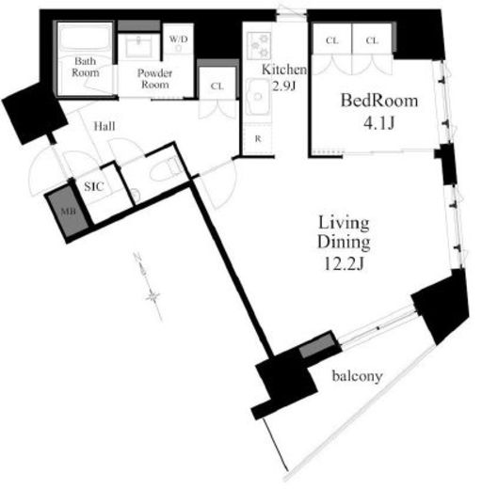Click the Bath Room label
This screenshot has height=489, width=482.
tap(85, 67)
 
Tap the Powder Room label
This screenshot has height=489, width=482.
tap(154, 79)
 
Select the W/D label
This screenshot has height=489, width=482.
tap(178, 39)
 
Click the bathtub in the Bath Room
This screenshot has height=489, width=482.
tap(85, 38)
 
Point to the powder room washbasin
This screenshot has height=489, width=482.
tap(138, 47)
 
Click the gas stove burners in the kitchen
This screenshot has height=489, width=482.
tap(259, 46)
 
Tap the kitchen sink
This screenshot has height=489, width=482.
tap(258, 96)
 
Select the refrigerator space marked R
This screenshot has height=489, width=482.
tap(258, 139)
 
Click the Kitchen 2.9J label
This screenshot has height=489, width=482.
tap(284, 77)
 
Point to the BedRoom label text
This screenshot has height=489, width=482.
tap(379, 101)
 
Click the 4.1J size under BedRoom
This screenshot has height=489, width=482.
tap(378, 123)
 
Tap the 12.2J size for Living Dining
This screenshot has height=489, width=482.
tap(344, 264)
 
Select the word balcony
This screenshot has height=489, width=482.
tap(358, 376)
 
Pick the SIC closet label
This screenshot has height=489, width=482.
tap(94, 187)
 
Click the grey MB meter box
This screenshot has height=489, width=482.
tap(67, 211)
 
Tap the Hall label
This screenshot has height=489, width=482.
tap(104, 126)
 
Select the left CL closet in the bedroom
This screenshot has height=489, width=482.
tap(332, 40)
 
